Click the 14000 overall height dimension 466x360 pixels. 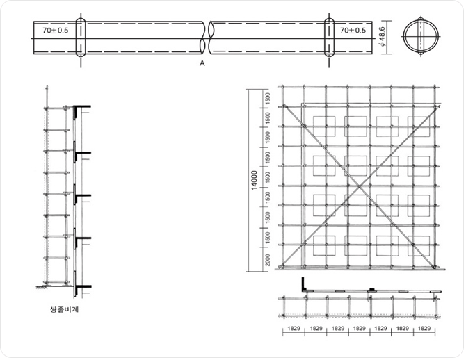click(255, 180)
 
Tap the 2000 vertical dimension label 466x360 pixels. click(268, 260)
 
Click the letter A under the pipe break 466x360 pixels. click(202, 63)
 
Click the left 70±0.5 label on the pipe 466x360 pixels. click(55, 31)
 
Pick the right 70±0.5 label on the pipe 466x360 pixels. click(353, 31)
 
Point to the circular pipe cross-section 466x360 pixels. click(421, 37)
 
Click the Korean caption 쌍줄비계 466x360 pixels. click(65, 309)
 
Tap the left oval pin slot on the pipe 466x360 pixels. click(81, 38)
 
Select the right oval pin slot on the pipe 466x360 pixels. click(329, 38)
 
